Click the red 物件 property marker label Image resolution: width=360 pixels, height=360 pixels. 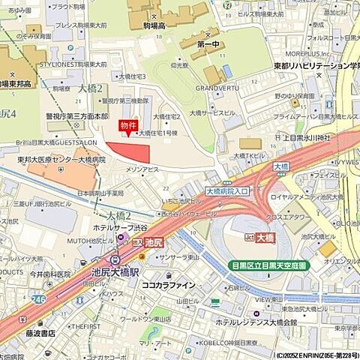pos(129,126)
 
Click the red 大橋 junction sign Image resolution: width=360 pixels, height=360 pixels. pos(265,238)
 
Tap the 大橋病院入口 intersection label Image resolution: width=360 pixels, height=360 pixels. pos(226,191)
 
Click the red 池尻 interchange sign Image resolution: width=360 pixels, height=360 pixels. pos(154,242)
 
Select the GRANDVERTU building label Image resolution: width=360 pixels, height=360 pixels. pos(217,88)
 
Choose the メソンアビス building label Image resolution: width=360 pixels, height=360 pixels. pos(142,170)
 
